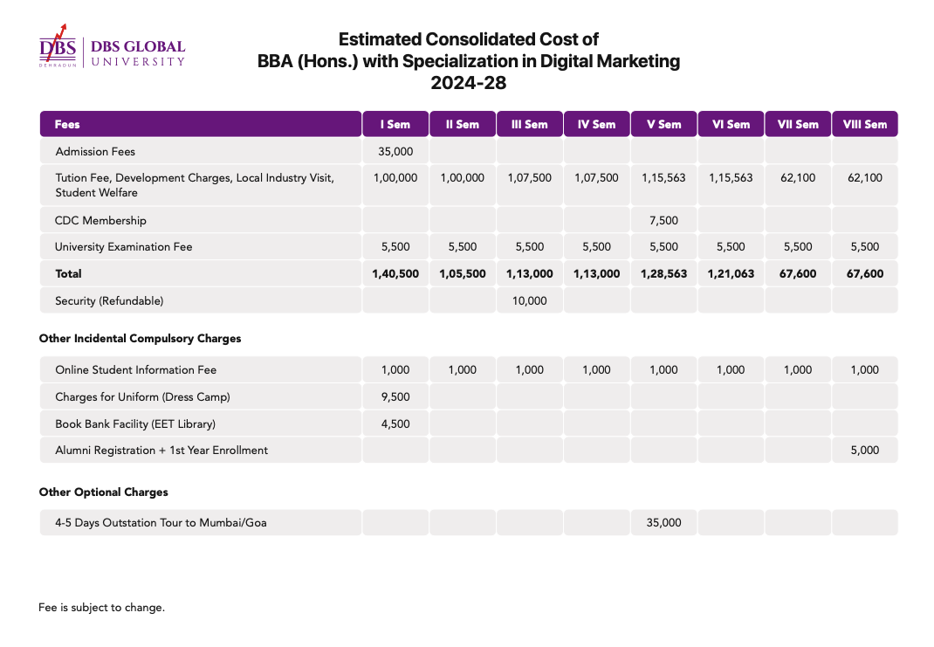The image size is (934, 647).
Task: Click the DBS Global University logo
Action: click(x=112, y=46)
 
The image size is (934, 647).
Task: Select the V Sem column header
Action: click(x=663, y=124)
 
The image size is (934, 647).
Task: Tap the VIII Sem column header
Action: click(x=865, y=124)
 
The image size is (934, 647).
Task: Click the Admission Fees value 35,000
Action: click(x=395, y=151)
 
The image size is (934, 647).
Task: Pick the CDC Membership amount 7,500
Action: click(x=663, y=220)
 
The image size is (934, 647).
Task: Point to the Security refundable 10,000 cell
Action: click(x=530, y=301)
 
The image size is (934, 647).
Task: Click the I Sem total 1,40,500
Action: click(x=395, y=274)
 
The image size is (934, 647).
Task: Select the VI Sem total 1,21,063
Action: click(x=731, y=274)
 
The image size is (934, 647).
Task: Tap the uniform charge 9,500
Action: click(x=395, y=396)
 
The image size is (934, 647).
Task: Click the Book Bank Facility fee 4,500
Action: click(x=395, y=424)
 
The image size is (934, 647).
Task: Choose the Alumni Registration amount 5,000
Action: click(x=865, y=451)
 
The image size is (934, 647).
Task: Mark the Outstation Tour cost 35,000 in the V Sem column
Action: click(x=663, y=522)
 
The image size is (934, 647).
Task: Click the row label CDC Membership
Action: click(x=100, y=220)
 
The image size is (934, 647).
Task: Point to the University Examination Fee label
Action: click(x=124, y=246)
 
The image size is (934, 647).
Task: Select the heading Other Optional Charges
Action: click(x=104, y=492)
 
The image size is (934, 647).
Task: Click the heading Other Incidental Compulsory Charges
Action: click(x=140, y=339)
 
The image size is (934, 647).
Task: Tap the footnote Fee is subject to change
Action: click(x=102, y=608)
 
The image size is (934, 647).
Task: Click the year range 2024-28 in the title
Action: click(x=469, y=83)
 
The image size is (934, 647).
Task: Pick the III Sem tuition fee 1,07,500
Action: click(x=530, y=177)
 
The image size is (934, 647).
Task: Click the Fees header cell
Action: click(x=201, y=124)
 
